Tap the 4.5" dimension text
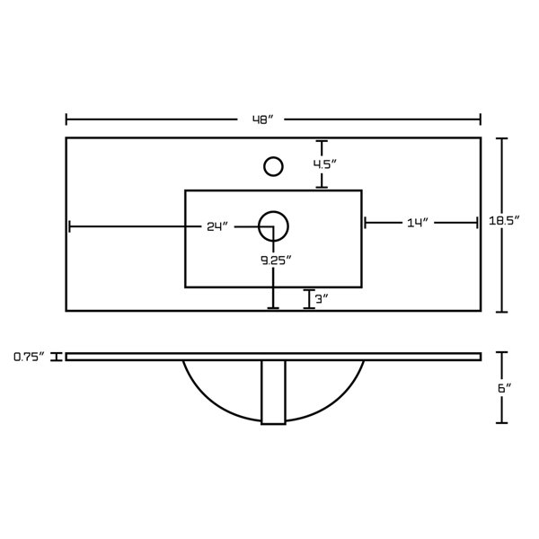[x=324, y=164]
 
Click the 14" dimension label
[x=420, y=222]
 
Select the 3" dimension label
[x=323, y=299]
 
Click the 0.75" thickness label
[x=30, y=357]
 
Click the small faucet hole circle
[x=273, y=166]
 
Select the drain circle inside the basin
[x=273, y=226]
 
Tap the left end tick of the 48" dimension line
[x=66, y=119]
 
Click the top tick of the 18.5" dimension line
[x=502, y=138]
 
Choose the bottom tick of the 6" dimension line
[x=502, y=422]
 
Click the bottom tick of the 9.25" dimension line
[x=273, y=308]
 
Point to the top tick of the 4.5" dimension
[x=322, y=141]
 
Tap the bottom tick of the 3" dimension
[x=310, y=308]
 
